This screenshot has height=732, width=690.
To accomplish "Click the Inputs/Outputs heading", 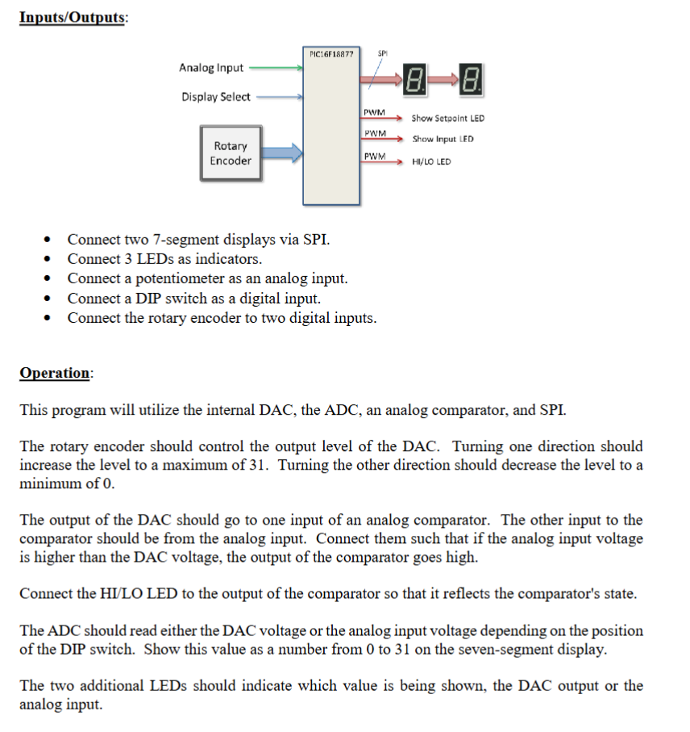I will (73, 18).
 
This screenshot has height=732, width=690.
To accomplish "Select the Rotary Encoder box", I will (231, 153).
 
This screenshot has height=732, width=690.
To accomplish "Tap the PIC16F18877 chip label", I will (330, 54).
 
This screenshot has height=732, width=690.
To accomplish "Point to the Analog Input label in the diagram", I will (211, 68).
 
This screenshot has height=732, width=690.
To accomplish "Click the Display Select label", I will (215, 97).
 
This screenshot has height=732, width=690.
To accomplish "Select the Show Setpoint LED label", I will (448, 119).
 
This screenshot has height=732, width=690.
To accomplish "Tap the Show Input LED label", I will (443, 139).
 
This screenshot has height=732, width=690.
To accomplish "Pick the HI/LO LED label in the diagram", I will (431, 161).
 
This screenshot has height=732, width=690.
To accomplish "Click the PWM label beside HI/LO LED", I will (374, 156).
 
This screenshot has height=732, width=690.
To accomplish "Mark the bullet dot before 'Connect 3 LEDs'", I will (51, 260).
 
